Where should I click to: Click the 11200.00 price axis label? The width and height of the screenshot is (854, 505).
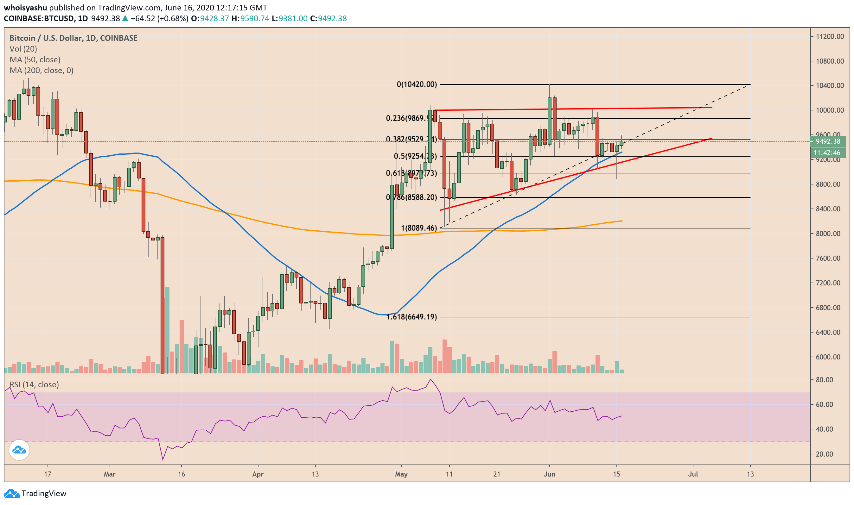pyautogui.click(x=830, y=36)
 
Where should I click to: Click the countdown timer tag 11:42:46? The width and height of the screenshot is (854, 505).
pyautogui.click(x=827, y=153)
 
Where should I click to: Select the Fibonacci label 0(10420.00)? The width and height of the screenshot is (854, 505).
pyautogui.click(x=417, y=84)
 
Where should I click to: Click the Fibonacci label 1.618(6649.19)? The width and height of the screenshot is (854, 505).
pyautogui.click(x=411, y=317)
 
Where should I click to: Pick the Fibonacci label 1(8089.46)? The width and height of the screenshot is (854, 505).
pyautogui.click(x=419, y=228)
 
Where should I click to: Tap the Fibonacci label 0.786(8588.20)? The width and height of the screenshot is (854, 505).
pyautogui.click(x=411, y=197)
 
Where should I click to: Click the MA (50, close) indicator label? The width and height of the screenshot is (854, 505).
pyautogui.click(x=35, y=59)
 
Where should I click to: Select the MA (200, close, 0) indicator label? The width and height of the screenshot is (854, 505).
pyautogui.click(x=41, y=71)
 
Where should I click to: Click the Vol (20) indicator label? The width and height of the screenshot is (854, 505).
pyautogui.click(x=23, y=49)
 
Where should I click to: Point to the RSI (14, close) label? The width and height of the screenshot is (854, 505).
pyautogui.click(x=34, y=384)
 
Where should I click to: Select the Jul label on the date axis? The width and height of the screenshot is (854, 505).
pyautogui.click(x=693, y=474)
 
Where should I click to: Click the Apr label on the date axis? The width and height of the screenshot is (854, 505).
pyautogui.click(x=258, y=474)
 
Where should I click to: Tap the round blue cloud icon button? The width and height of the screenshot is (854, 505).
pyautogui.click(x=19, y=450)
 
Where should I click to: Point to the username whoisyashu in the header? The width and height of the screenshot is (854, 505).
pyautogui.click(x=25, y=8)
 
